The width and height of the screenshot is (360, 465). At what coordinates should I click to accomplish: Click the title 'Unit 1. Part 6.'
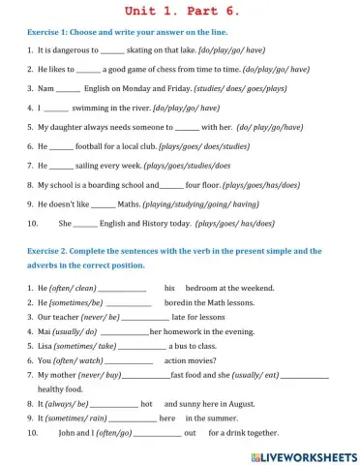pos(179,11)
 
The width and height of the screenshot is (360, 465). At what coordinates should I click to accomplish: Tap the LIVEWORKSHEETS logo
pos(304,455)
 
